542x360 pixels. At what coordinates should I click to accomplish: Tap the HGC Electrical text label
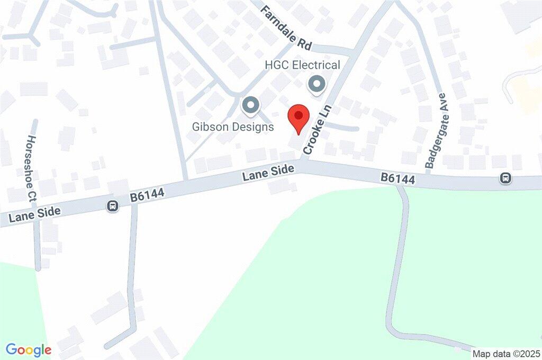(302, 65)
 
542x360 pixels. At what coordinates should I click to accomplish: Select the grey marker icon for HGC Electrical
(317, 84)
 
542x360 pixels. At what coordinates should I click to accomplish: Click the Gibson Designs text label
(233, 127)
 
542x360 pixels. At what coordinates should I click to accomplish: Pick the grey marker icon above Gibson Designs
(250, 105)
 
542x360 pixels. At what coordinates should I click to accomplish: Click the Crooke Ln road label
(317, 130)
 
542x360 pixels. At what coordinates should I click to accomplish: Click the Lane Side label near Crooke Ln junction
(268, 172)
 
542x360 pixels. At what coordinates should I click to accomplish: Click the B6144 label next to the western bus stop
(148, 195)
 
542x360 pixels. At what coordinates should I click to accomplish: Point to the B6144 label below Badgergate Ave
(398, 179)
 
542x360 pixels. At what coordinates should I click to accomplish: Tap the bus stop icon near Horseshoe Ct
(112, 206)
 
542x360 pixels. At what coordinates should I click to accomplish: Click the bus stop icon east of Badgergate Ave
(505, 178)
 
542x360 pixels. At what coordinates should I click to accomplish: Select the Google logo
(29, 349)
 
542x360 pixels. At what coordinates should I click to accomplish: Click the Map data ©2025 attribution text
(505, 354)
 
